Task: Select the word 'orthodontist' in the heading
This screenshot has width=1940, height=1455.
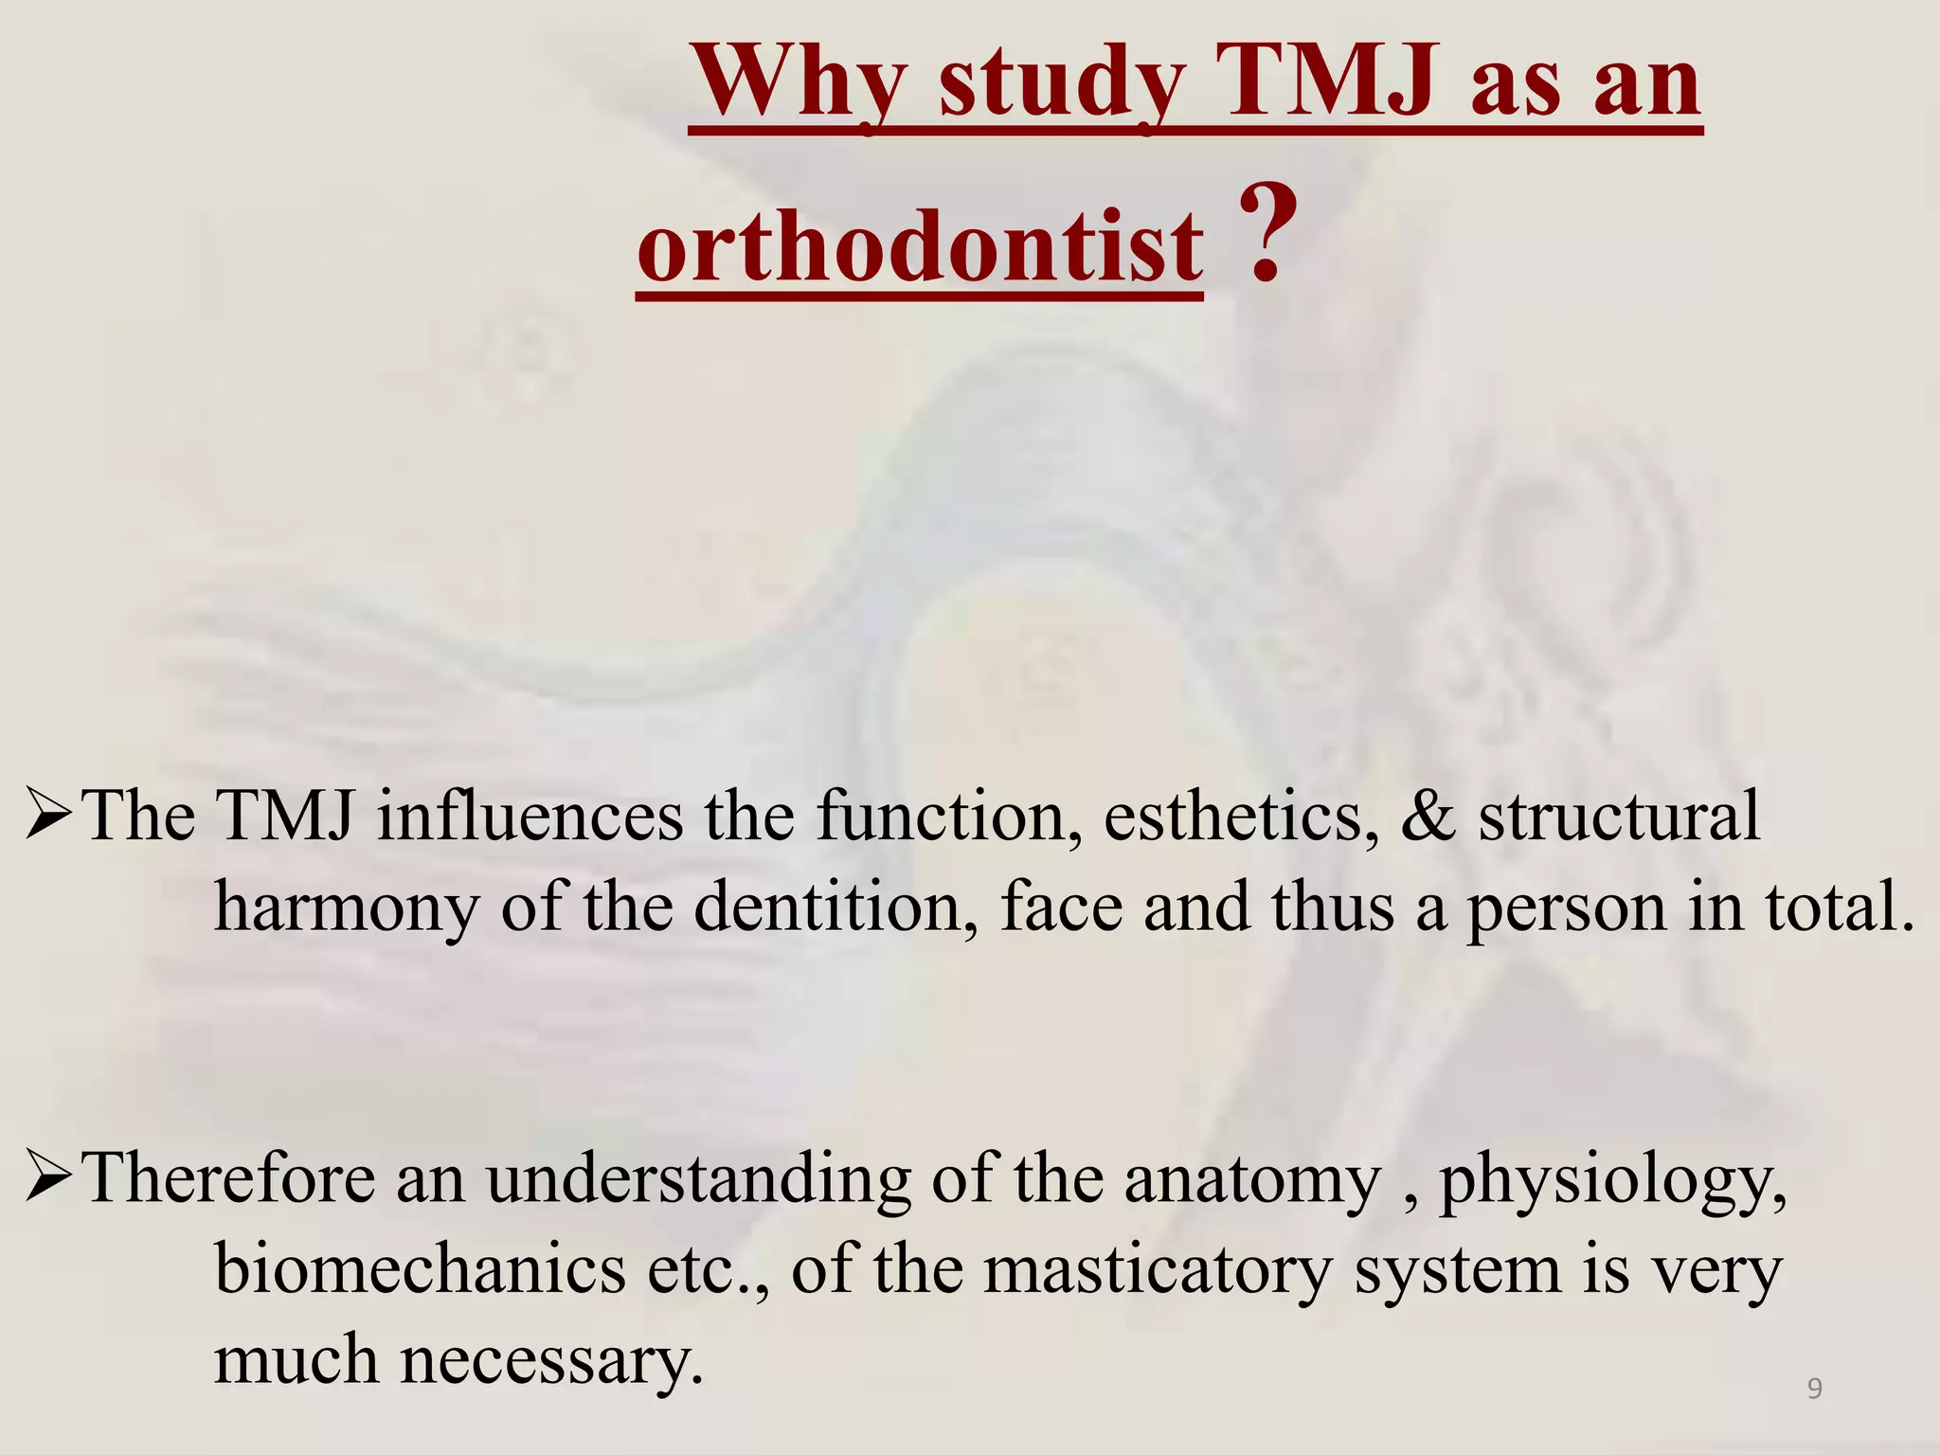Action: [x=920, y=248]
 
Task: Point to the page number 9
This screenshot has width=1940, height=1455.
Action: [x=1814, y=1389]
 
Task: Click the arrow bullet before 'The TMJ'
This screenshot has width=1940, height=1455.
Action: [x=49, y=817]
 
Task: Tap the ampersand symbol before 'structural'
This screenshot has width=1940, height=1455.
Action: [x=1428, y=817]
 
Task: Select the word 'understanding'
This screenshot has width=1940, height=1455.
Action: [x=698, y=1180]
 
